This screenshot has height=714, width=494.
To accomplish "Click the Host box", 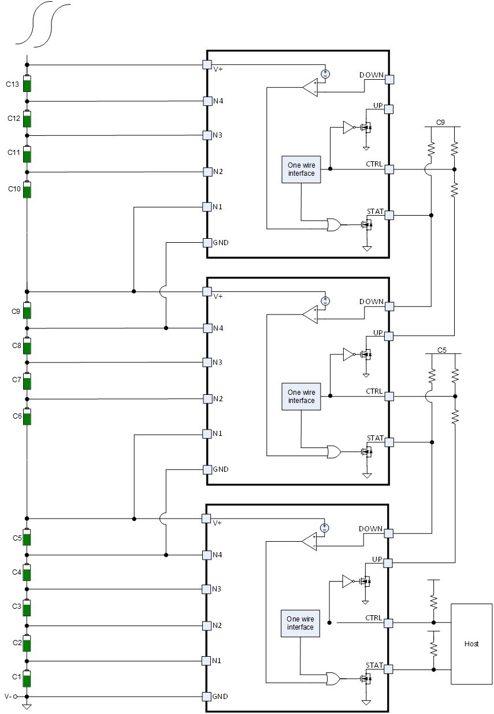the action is pyautogui.click(x=471, y=644).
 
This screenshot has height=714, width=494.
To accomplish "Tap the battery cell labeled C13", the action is pyautogui.click(x=27, y=83).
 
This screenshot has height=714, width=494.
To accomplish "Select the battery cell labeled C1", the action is pyautogui.click(x=27, y=679).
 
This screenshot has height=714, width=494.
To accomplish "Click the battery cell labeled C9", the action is pyautogui.click(x=27, y=310).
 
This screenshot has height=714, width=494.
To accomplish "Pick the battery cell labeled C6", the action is pyautogui.click(x=27, y=417).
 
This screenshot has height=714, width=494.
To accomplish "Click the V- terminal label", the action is pyautogui.click(x=8, y=697).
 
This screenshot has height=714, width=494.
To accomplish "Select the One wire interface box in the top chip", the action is pyautogui.click(x=301, y=169).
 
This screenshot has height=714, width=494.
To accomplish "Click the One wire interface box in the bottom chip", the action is pyautogui.click(x=300, y=623).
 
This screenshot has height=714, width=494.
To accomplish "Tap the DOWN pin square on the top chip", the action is pyautogui.click(x=389, y=79).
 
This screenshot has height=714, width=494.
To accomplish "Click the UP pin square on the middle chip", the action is pyautogui.click(x=389, y=336).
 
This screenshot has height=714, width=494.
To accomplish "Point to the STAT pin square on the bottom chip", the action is pyautogui.click(x=388, y=669).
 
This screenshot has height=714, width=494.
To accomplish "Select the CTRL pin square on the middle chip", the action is pyautogui.click(x=389, y=397).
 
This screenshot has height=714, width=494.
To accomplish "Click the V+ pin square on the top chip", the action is pyautogui.click(x=207, y=65).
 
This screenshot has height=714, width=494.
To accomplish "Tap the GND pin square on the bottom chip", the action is pyautogui.click(x=207, y=697).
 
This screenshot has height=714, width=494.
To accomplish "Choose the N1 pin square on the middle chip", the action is pyautogui.click(x=207, y=434).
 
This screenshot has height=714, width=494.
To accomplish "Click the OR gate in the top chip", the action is pyautogui.click(x=333, y=224).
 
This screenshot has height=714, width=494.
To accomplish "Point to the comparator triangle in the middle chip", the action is pyautogui.click(x=310, y=315).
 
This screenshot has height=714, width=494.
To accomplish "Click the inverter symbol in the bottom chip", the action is pyautogui.click(x=348, y=582).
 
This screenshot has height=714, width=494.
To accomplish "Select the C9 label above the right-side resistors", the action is pyautogui.click(x=440, y=123).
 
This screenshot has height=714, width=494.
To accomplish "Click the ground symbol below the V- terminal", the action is pyautogui.click(x=27, y=706).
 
